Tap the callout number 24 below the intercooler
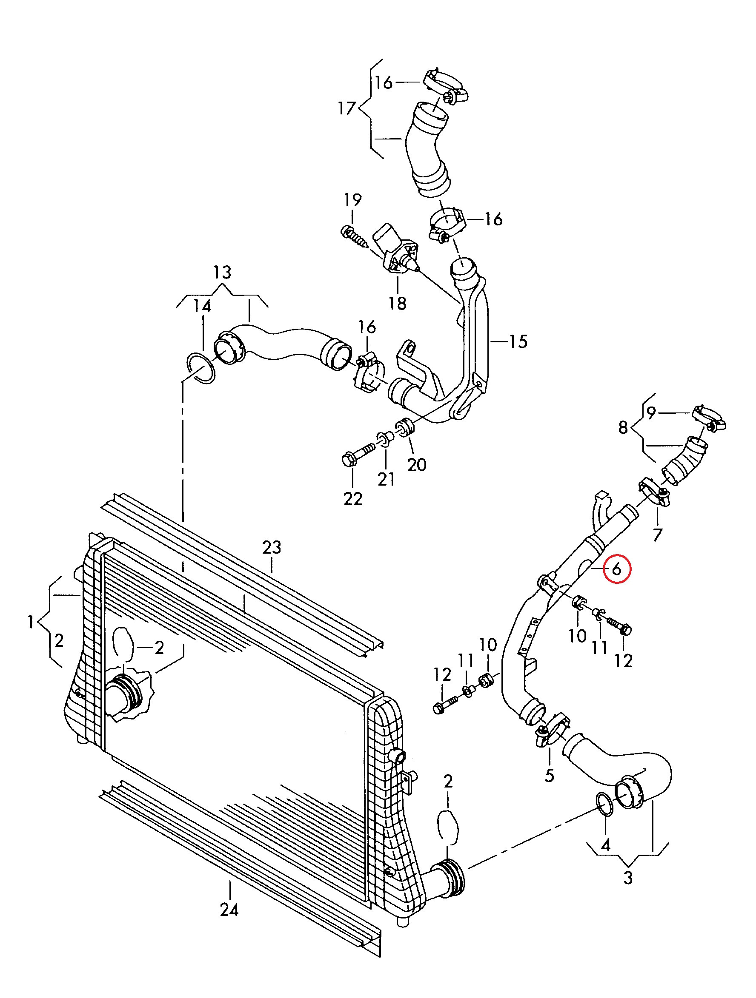pos(229,910)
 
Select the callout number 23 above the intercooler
pos(272,548)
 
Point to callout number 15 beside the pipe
pos(518,341)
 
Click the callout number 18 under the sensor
pos(398,303)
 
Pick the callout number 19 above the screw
pos(353,199)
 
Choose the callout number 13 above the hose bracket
pos(222,272)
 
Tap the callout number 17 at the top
pos(347,108)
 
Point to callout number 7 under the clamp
pos(658,535)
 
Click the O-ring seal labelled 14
pos(201,368)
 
